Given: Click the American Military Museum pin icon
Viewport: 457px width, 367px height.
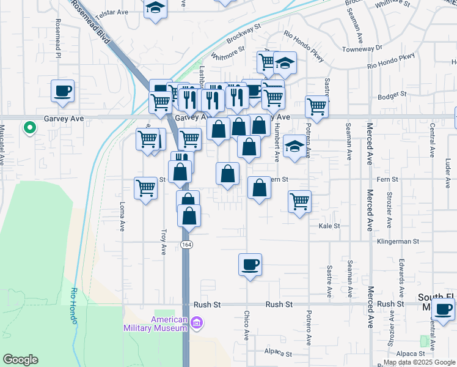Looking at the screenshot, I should pos(197,322).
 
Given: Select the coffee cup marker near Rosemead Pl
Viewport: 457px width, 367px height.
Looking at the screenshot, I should pos(63,91).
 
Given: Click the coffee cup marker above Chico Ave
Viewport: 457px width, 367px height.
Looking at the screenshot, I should pos(250,265).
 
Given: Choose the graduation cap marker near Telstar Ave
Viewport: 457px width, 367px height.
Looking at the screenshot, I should pos(156,9).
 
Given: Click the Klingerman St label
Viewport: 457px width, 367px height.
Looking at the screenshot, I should pos(398,242).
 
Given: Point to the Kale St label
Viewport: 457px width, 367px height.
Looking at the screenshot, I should pos(329,226).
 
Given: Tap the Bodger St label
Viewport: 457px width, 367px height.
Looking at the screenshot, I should pos(392,94).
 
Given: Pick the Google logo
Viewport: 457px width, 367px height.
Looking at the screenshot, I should pos(20,360).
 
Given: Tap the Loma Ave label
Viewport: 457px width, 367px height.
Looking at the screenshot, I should pos(122,217).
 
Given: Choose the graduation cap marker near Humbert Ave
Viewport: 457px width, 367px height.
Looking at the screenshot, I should pos(294,146).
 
